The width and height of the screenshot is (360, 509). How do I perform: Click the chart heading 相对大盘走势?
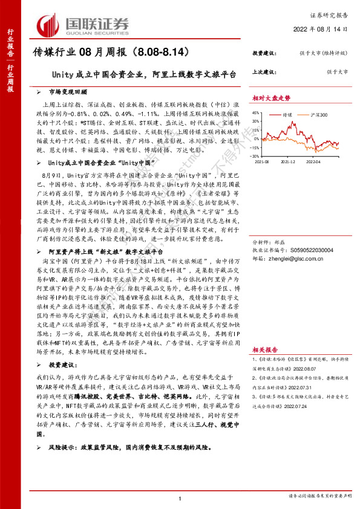271,97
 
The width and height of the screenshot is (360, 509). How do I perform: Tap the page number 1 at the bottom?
180,498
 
